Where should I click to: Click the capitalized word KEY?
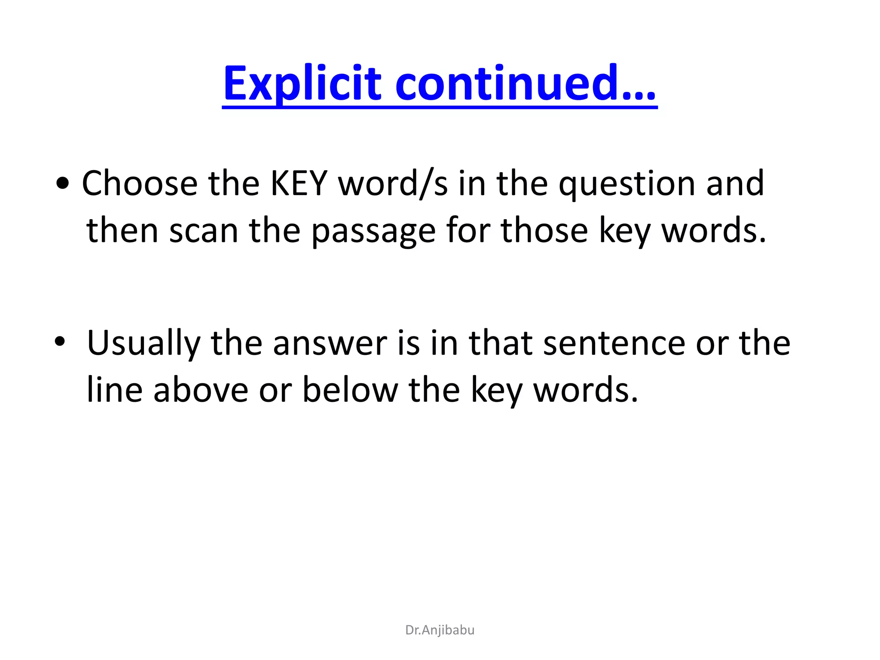(x=299, y=184)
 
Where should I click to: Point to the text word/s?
(x=393, y=184)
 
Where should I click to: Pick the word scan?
(x=204, y=231)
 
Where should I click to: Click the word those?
(x=544, y=231)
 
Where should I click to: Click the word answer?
(x=330, y=344)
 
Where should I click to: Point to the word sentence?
(x=614, y=344)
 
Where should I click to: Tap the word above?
(x=201, y=390)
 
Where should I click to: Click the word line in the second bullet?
(x=114, y=390)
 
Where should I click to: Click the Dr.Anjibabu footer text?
(x=440, y=630)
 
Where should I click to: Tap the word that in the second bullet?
(x=501, y=344)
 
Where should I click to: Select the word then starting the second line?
(x=122, y=231)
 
